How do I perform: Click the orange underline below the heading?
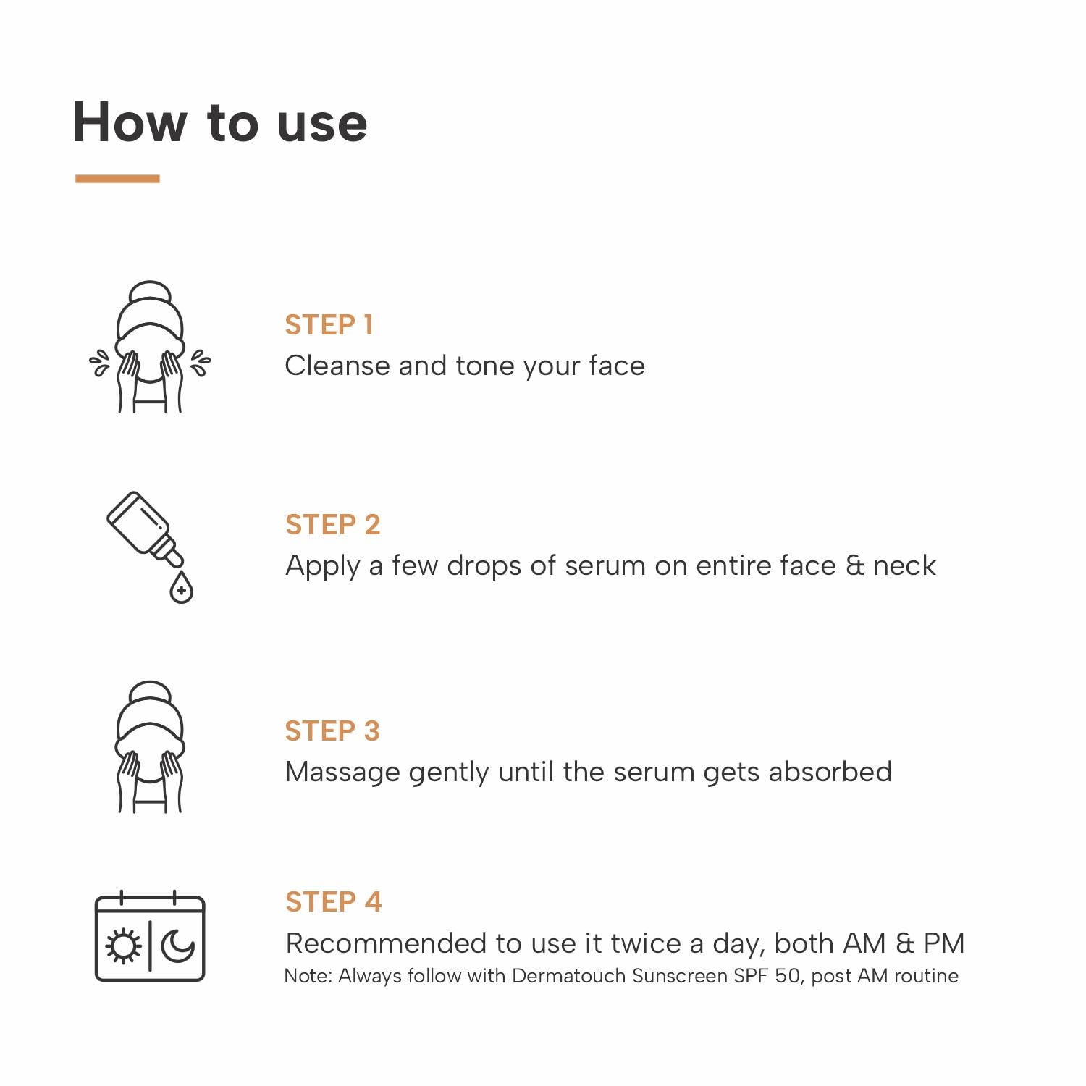tap(117, 178)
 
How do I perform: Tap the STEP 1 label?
tap(329, 325)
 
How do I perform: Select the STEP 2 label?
tap(333, 524)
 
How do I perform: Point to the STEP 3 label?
tap(332, 731)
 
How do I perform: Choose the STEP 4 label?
tap(333, 902)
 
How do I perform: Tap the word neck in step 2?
tap(904, 565)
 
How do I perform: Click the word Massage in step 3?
tap(342, 773)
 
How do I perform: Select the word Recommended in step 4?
tap(386, 943)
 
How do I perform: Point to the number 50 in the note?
tap(788, 976)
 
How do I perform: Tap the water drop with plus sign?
tap(181, 587)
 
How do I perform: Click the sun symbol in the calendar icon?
tap(124, 946)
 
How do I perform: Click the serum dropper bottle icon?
tap(146, 529)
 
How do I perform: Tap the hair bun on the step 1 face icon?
tap(150, 292)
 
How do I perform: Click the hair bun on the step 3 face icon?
tap(150, 692)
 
